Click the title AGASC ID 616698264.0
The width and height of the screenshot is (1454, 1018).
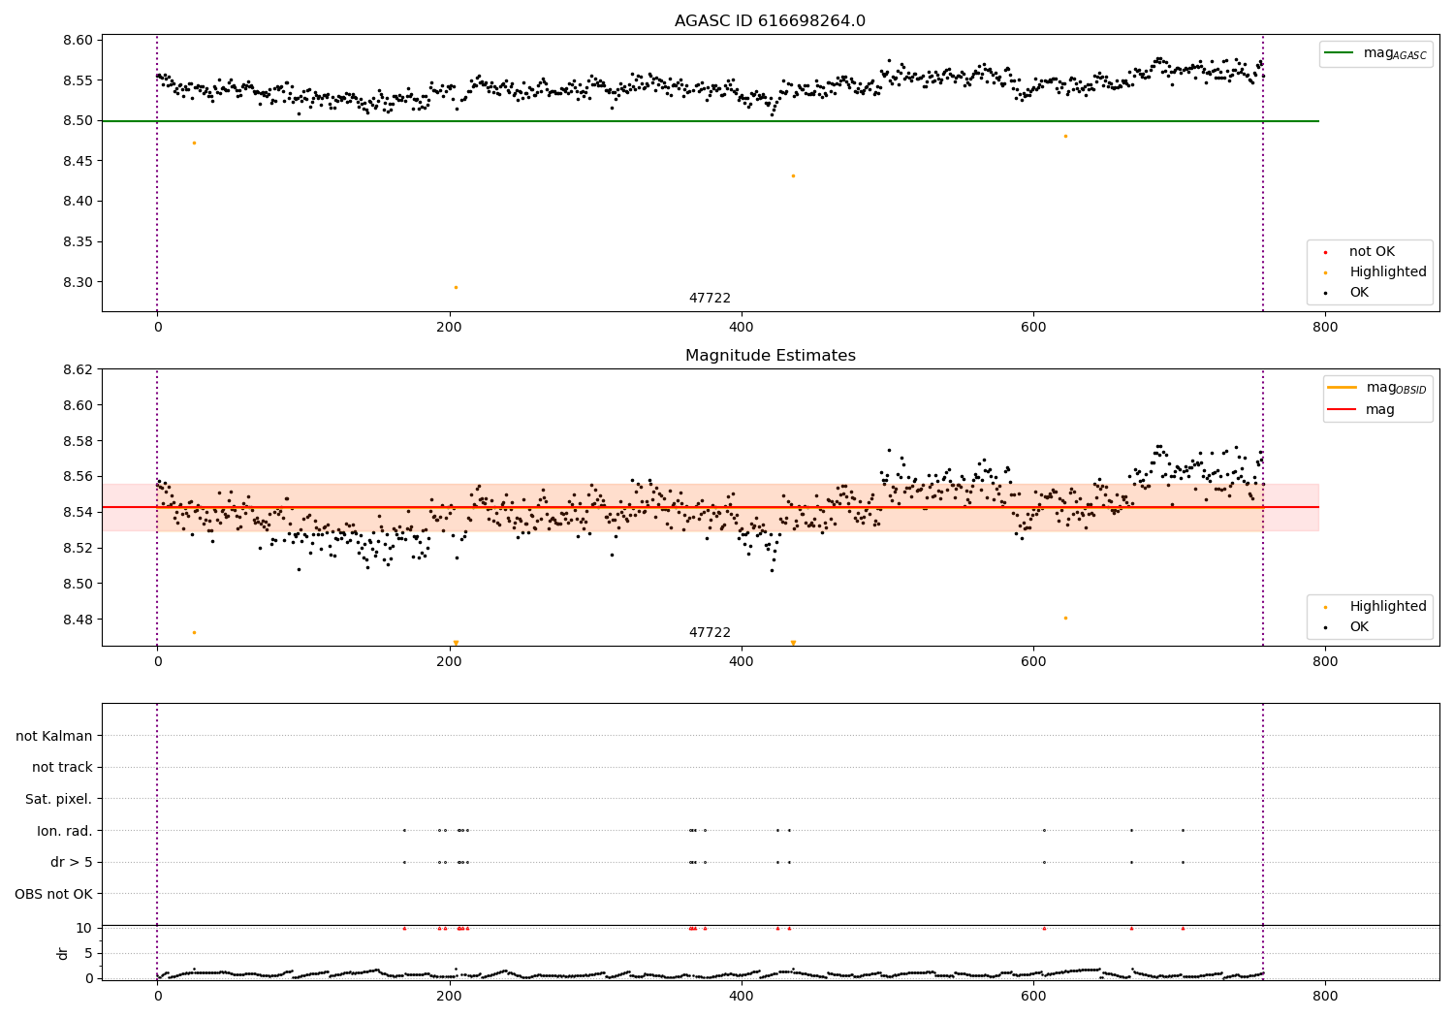(x=770, y=21)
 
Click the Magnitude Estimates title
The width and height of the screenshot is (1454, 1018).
(x=770, y=356)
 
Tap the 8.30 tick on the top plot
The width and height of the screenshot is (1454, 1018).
(x=79, y=282)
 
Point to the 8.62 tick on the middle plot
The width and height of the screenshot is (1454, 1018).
(x=79, y=369)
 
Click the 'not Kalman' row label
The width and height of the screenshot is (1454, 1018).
(x=54, y=736)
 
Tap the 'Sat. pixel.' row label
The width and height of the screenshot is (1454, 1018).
(x=58, y=799)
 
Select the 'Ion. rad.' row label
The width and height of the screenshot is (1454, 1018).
(x=65, y=831)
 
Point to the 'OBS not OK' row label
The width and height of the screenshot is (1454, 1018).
(x=53, y=894)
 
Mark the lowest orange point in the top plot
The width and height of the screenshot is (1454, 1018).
(x=456, y=287)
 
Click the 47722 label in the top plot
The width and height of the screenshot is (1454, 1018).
(x=710, y=299)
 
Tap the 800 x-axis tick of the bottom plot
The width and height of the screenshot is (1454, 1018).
(x=1324, y=996)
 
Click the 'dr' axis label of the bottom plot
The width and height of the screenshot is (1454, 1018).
(x=63, y=953)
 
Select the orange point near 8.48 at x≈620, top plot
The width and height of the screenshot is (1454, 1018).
(x=1065, y=136)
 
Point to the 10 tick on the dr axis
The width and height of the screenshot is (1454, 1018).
(x=83, y=928)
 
